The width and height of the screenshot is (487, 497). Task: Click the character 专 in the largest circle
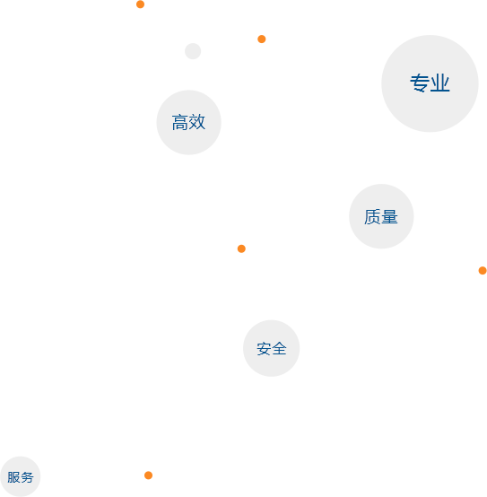[420, 83]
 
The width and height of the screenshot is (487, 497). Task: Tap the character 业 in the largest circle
[439, 83]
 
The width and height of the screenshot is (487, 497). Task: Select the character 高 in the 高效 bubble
[180, 122]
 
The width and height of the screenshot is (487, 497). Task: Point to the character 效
[197, 122]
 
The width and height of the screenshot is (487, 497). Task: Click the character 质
[372, 217]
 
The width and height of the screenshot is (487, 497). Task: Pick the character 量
[389, 217]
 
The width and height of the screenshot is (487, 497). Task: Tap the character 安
[264, 349]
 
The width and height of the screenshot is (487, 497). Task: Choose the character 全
[279, 349]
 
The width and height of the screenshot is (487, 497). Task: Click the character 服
[13, 477]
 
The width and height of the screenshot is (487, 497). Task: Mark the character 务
[27, 477]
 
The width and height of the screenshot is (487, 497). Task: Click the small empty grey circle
[193, 51]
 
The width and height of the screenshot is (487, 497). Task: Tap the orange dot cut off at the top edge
[141, 4]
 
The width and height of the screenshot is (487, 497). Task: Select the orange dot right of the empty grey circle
[261, 39]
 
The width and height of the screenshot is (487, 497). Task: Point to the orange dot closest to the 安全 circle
[241, 248]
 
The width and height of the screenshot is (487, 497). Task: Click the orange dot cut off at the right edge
[483, 270]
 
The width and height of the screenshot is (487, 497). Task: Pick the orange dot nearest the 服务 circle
[148, 475]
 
